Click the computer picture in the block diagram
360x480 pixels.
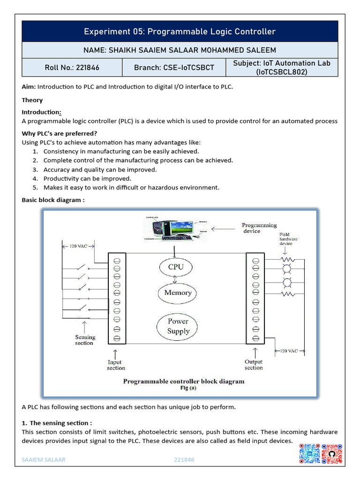tap(175, 228)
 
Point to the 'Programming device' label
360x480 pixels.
tap(259, 228)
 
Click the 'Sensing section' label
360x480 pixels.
tap(85, 340)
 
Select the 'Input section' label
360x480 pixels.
tap(116, 365)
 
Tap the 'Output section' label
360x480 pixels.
tap(254, 365)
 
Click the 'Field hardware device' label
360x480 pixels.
tap(288, 239)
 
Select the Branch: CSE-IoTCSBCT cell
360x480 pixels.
tap(174, 67)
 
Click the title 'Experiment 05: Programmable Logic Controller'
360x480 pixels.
tap(180, 31)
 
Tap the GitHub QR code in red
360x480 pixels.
tap(332, 454)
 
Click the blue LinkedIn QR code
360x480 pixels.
tap(310, 454)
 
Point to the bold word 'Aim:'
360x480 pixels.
tap(29, 87)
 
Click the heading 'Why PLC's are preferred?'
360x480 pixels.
tap(60, 134)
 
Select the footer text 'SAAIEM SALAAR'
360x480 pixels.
tap(44, 459)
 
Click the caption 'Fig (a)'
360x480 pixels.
tap(188, 388)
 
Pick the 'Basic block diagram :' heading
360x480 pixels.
tap(53, 200)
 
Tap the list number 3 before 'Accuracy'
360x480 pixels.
tap(35, 170)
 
